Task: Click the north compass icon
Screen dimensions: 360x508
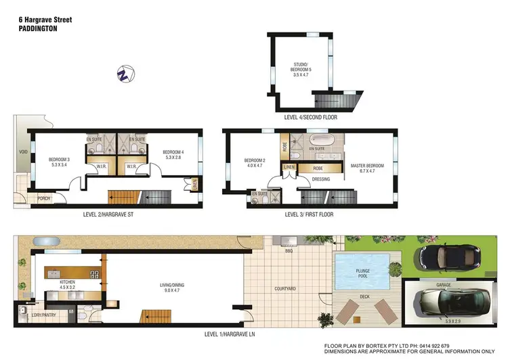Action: click(124, 73)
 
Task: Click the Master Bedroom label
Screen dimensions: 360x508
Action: click(366, 167)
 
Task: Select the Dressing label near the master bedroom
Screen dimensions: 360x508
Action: click(321, 179)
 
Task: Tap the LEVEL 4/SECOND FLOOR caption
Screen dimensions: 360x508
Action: click(310, 116)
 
